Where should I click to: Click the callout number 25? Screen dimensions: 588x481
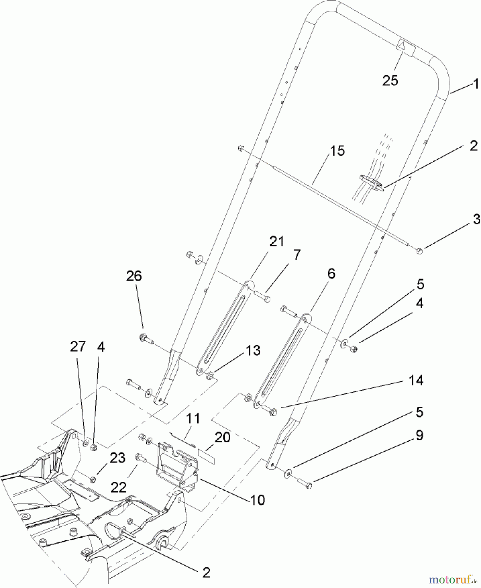click(x=390, y=80)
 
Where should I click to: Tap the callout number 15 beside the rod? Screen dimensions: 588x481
click(x=337, y=151)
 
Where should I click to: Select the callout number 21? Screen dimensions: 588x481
click(x=277, y=242)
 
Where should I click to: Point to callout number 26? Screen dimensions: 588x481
click(x=134, y=276)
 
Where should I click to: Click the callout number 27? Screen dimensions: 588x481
click(x=78, y=347)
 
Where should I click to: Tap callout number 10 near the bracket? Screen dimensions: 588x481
click(x=258, y=500)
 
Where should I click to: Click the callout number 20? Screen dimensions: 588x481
click(x=222, y=437)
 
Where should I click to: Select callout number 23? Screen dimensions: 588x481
click(x=117, y=458)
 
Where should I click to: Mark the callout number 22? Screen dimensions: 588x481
click(x=118, y=488)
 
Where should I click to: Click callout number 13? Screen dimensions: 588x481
click(x=253, y=351)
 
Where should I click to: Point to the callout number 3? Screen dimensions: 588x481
click(x=476, y=219)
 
